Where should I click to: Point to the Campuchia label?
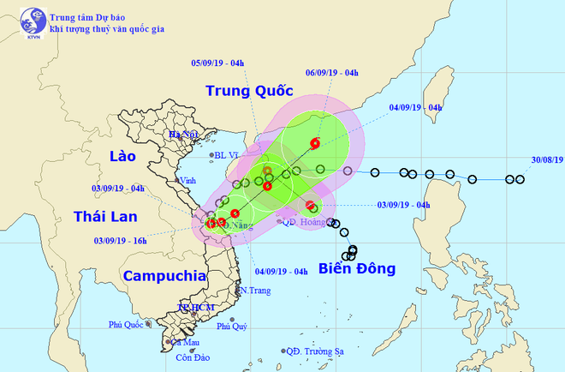tap(164, 276)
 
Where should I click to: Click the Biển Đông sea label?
tap(358, 269)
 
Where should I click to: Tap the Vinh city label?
tap(187, 181)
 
